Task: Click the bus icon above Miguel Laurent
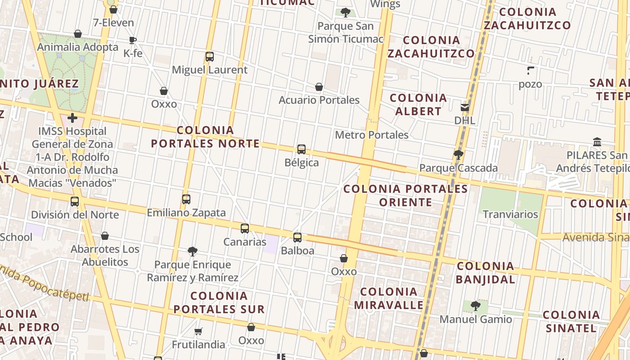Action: click(209, 57)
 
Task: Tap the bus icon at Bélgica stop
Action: click(301, 149)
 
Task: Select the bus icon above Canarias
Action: click(244, 229)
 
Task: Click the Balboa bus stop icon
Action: click(297, 238)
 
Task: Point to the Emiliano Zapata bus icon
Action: click(186, 199)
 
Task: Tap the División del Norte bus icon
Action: click(75, 202)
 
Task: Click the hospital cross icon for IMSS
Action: click(72, 118)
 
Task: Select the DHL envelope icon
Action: click(464, 108)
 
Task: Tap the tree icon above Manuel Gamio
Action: click(475, 306)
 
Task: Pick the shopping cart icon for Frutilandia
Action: click(198, 332)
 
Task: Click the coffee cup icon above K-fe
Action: click(132, 40)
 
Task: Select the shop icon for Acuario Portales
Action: click(319, 87)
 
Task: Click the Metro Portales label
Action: click(372, 135)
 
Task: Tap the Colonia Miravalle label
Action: click(389, 298)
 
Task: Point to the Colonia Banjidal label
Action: click(485, 273)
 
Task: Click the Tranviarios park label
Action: click(510, 214)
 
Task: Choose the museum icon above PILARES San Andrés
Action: click(597, 142)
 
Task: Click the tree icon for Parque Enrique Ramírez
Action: click(193, 251)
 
